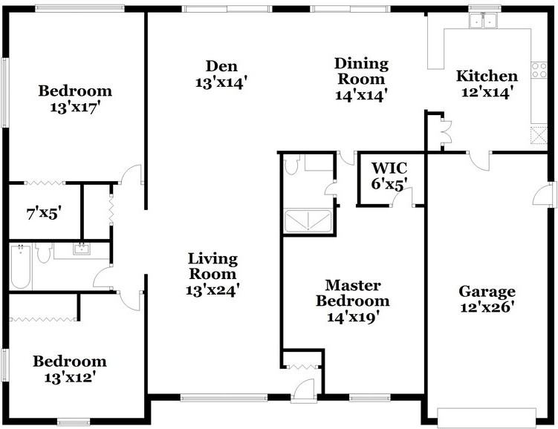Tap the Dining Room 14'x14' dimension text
362,94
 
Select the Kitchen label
486,76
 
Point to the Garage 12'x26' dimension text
487,307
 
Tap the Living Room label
213,259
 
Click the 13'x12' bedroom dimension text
69,377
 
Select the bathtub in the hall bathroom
21,266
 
